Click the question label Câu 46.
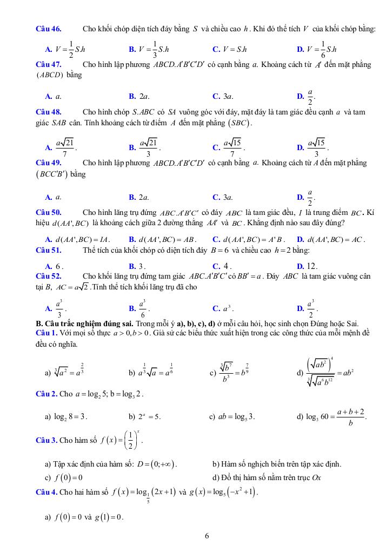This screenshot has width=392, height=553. [x=48, y=29]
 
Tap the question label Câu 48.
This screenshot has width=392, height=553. [x=48, y=112]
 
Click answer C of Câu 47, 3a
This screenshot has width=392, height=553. [x=223, y=97]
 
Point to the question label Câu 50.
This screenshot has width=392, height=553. [x=48, y=212]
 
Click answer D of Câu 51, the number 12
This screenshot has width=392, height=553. [x=308, y=266]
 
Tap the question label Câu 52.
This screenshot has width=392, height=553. [x=48, y=276]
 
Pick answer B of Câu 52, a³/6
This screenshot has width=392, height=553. [x=139, y=308]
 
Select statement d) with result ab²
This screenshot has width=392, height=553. [x=331, y=372]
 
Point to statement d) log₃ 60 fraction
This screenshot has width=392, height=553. [x=332, y=416]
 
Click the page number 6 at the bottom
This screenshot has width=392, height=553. [x=207, y=536]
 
